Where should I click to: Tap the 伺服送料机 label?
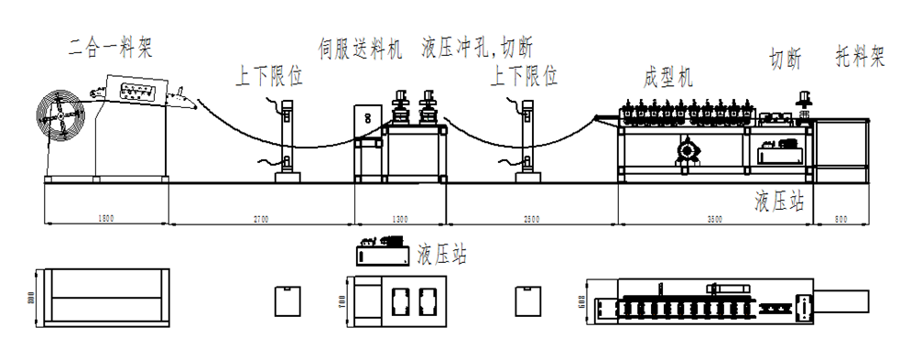click(360, 48)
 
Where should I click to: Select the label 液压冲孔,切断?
click(477, 47)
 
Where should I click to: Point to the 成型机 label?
click(667, 77)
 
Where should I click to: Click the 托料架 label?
click(860, 60)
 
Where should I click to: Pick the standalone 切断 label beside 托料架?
click(786, 60)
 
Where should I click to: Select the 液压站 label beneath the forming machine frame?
click(779, 202)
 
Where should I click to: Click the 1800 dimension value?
click(105, 221)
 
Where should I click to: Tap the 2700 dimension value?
click(261, 221)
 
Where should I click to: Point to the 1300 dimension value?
click(400, 221)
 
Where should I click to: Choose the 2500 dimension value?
click(531, 221)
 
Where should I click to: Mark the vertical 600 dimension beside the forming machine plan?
click(582, 300)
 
